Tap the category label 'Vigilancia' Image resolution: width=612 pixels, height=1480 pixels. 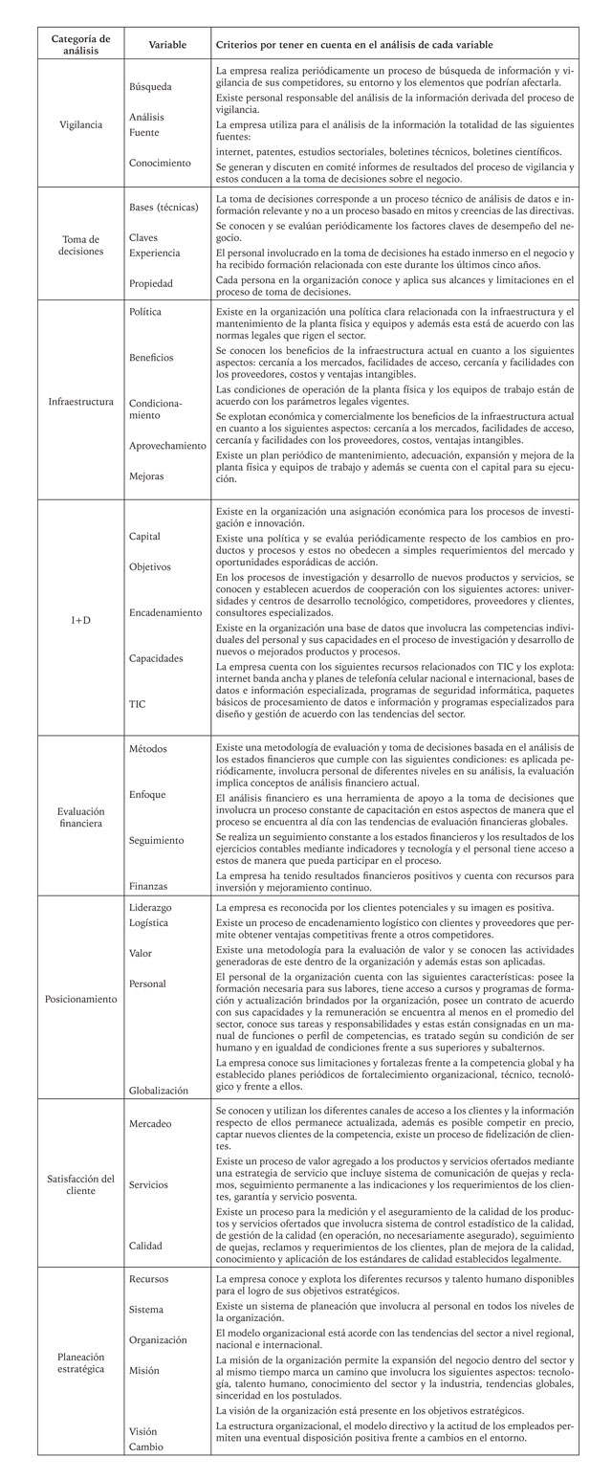point(80,124)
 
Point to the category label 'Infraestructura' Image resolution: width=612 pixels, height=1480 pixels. point(80,402)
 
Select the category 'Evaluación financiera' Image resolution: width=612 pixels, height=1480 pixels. point(80,816)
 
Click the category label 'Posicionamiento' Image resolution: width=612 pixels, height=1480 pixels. point(80,998)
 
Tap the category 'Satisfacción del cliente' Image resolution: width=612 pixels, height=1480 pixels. point(80,1184)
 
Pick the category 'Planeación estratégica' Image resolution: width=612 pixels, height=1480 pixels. point(80,1362)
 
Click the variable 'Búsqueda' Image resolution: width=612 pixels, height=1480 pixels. point(150,86)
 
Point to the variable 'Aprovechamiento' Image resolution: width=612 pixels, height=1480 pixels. point(167,446)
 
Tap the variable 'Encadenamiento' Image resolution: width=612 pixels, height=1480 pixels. point(165,612)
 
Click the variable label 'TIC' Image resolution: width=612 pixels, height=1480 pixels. point(139,702)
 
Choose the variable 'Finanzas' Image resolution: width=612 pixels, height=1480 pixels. point(150,885)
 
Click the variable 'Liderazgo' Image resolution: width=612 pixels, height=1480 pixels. point(152,905)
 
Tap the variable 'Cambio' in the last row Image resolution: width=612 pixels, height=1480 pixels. point(146,1446)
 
